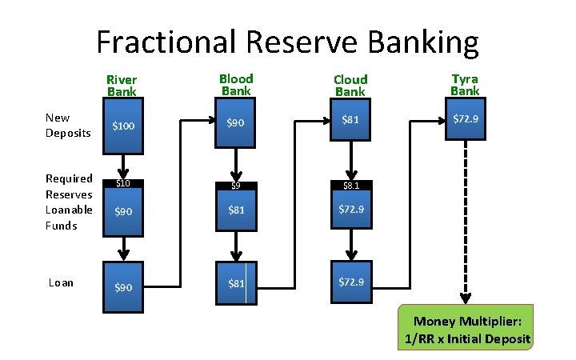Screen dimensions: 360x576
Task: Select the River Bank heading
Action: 122,86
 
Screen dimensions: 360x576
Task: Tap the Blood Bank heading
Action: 236,85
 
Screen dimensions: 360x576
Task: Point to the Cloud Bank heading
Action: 350,86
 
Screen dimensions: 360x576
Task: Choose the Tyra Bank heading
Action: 465,85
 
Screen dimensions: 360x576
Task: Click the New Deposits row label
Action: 68,126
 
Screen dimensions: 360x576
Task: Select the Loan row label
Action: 61,282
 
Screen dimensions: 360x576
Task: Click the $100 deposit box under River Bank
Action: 123,126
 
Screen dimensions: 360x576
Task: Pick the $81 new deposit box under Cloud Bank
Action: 350,120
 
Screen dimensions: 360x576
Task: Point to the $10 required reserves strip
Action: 123,184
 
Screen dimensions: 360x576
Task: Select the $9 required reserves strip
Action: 236,186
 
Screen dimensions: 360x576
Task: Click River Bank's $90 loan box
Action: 123,286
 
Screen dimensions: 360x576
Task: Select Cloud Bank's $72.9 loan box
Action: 350,282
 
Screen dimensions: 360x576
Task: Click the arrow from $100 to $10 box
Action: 123,166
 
